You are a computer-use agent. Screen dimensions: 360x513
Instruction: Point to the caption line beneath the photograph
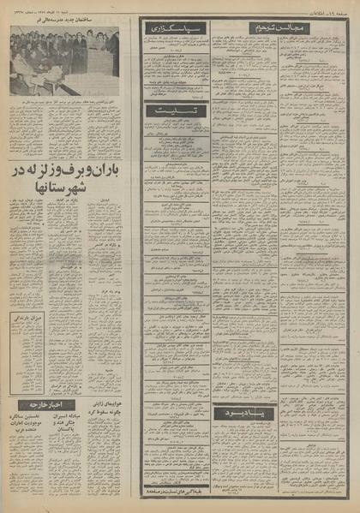(x=64, y=99)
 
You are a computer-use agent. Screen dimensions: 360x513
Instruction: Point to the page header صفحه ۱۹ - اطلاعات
(x=330, y=8)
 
